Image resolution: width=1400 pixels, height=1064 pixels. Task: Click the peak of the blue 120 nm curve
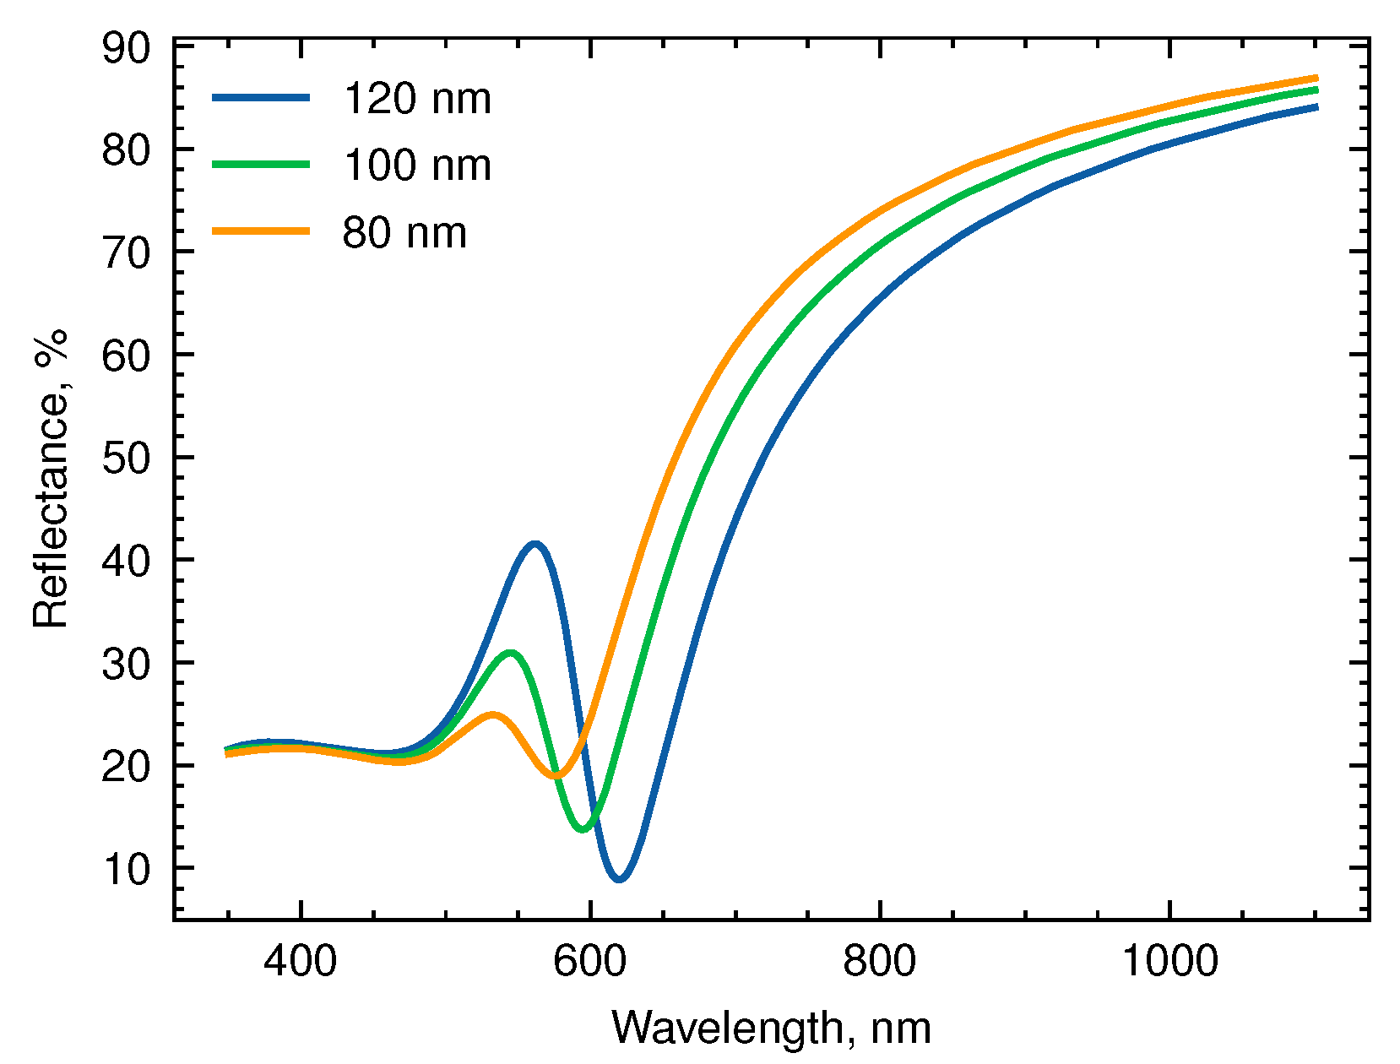point(534,545)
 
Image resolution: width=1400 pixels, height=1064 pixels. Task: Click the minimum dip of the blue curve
point(620,878)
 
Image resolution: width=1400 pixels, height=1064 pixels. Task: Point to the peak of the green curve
point(510,653)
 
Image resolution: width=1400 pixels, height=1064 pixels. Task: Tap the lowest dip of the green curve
point(583,828)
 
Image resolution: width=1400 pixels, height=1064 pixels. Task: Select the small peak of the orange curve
point(492,715)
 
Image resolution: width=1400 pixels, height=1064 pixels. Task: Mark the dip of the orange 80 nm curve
point(556,775)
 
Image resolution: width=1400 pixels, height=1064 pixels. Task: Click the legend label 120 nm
point(416,99)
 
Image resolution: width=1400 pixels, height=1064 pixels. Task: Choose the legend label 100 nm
point(416,165)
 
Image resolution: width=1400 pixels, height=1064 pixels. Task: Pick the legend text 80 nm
point(404,232)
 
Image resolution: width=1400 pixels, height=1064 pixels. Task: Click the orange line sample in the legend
point(261,231)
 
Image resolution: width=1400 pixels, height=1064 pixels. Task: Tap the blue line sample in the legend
point(261,98)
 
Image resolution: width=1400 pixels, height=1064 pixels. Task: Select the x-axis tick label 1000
point(1169,961)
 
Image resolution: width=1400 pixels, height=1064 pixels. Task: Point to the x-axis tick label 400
point(300,961)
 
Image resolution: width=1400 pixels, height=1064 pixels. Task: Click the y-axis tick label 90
point(126,48)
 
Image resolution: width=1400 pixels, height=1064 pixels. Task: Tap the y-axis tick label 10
point(126,869)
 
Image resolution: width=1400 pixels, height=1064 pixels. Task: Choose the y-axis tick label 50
point(126,459)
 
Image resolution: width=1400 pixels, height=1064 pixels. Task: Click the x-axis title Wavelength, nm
point(771,1029)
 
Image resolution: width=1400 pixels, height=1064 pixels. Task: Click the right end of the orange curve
point(1316,78)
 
